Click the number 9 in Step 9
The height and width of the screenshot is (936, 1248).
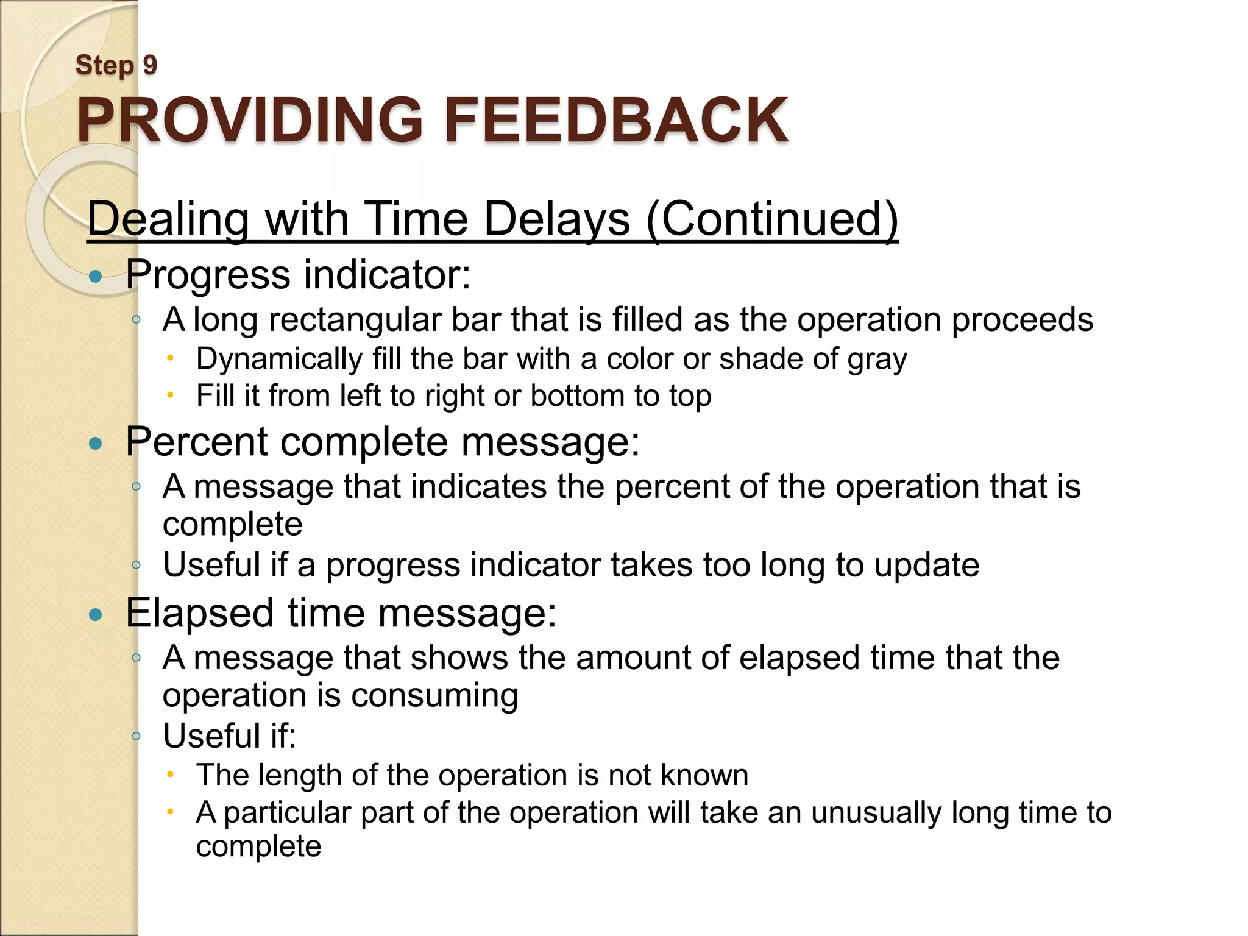[150, 65]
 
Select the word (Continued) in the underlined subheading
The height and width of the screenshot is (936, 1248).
[771, 219]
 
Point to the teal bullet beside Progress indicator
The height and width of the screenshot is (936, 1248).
[95, 277]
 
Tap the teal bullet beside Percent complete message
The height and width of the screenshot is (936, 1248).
[95, 444]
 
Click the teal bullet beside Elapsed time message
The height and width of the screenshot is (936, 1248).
[95, 615]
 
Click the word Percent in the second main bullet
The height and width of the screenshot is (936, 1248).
[196, 441]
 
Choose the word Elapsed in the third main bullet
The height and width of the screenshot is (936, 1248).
[199, 612]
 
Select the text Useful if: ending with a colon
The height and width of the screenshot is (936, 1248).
[229, 736]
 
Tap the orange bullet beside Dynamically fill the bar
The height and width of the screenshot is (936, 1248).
[171, 358]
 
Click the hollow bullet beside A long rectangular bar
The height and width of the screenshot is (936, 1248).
[136, 319]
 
